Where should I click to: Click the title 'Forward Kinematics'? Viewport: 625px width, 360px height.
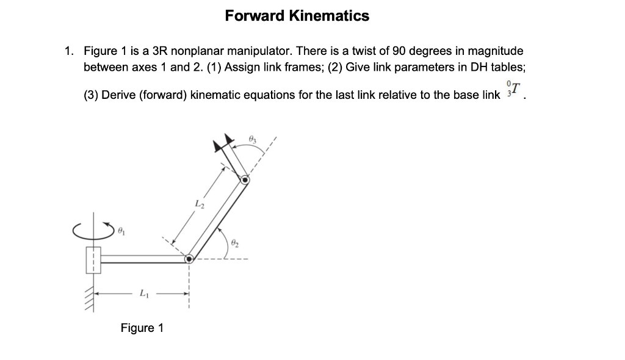(297, 16)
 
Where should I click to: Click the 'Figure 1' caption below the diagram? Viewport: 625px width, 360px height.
(142, 328)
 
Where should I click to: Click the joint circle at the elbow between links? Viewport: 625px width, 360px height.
(190, 259)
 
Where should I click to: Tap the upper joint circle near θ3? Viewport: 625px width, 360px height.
(244, 181)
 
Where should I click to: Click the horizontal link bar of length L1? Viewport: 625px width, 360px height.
(144, 259)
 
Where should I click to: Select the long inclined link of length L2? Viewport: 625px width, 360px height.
(218, 219)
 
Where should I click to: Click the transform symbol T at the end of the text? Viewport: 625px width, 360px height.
(514, 90)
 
